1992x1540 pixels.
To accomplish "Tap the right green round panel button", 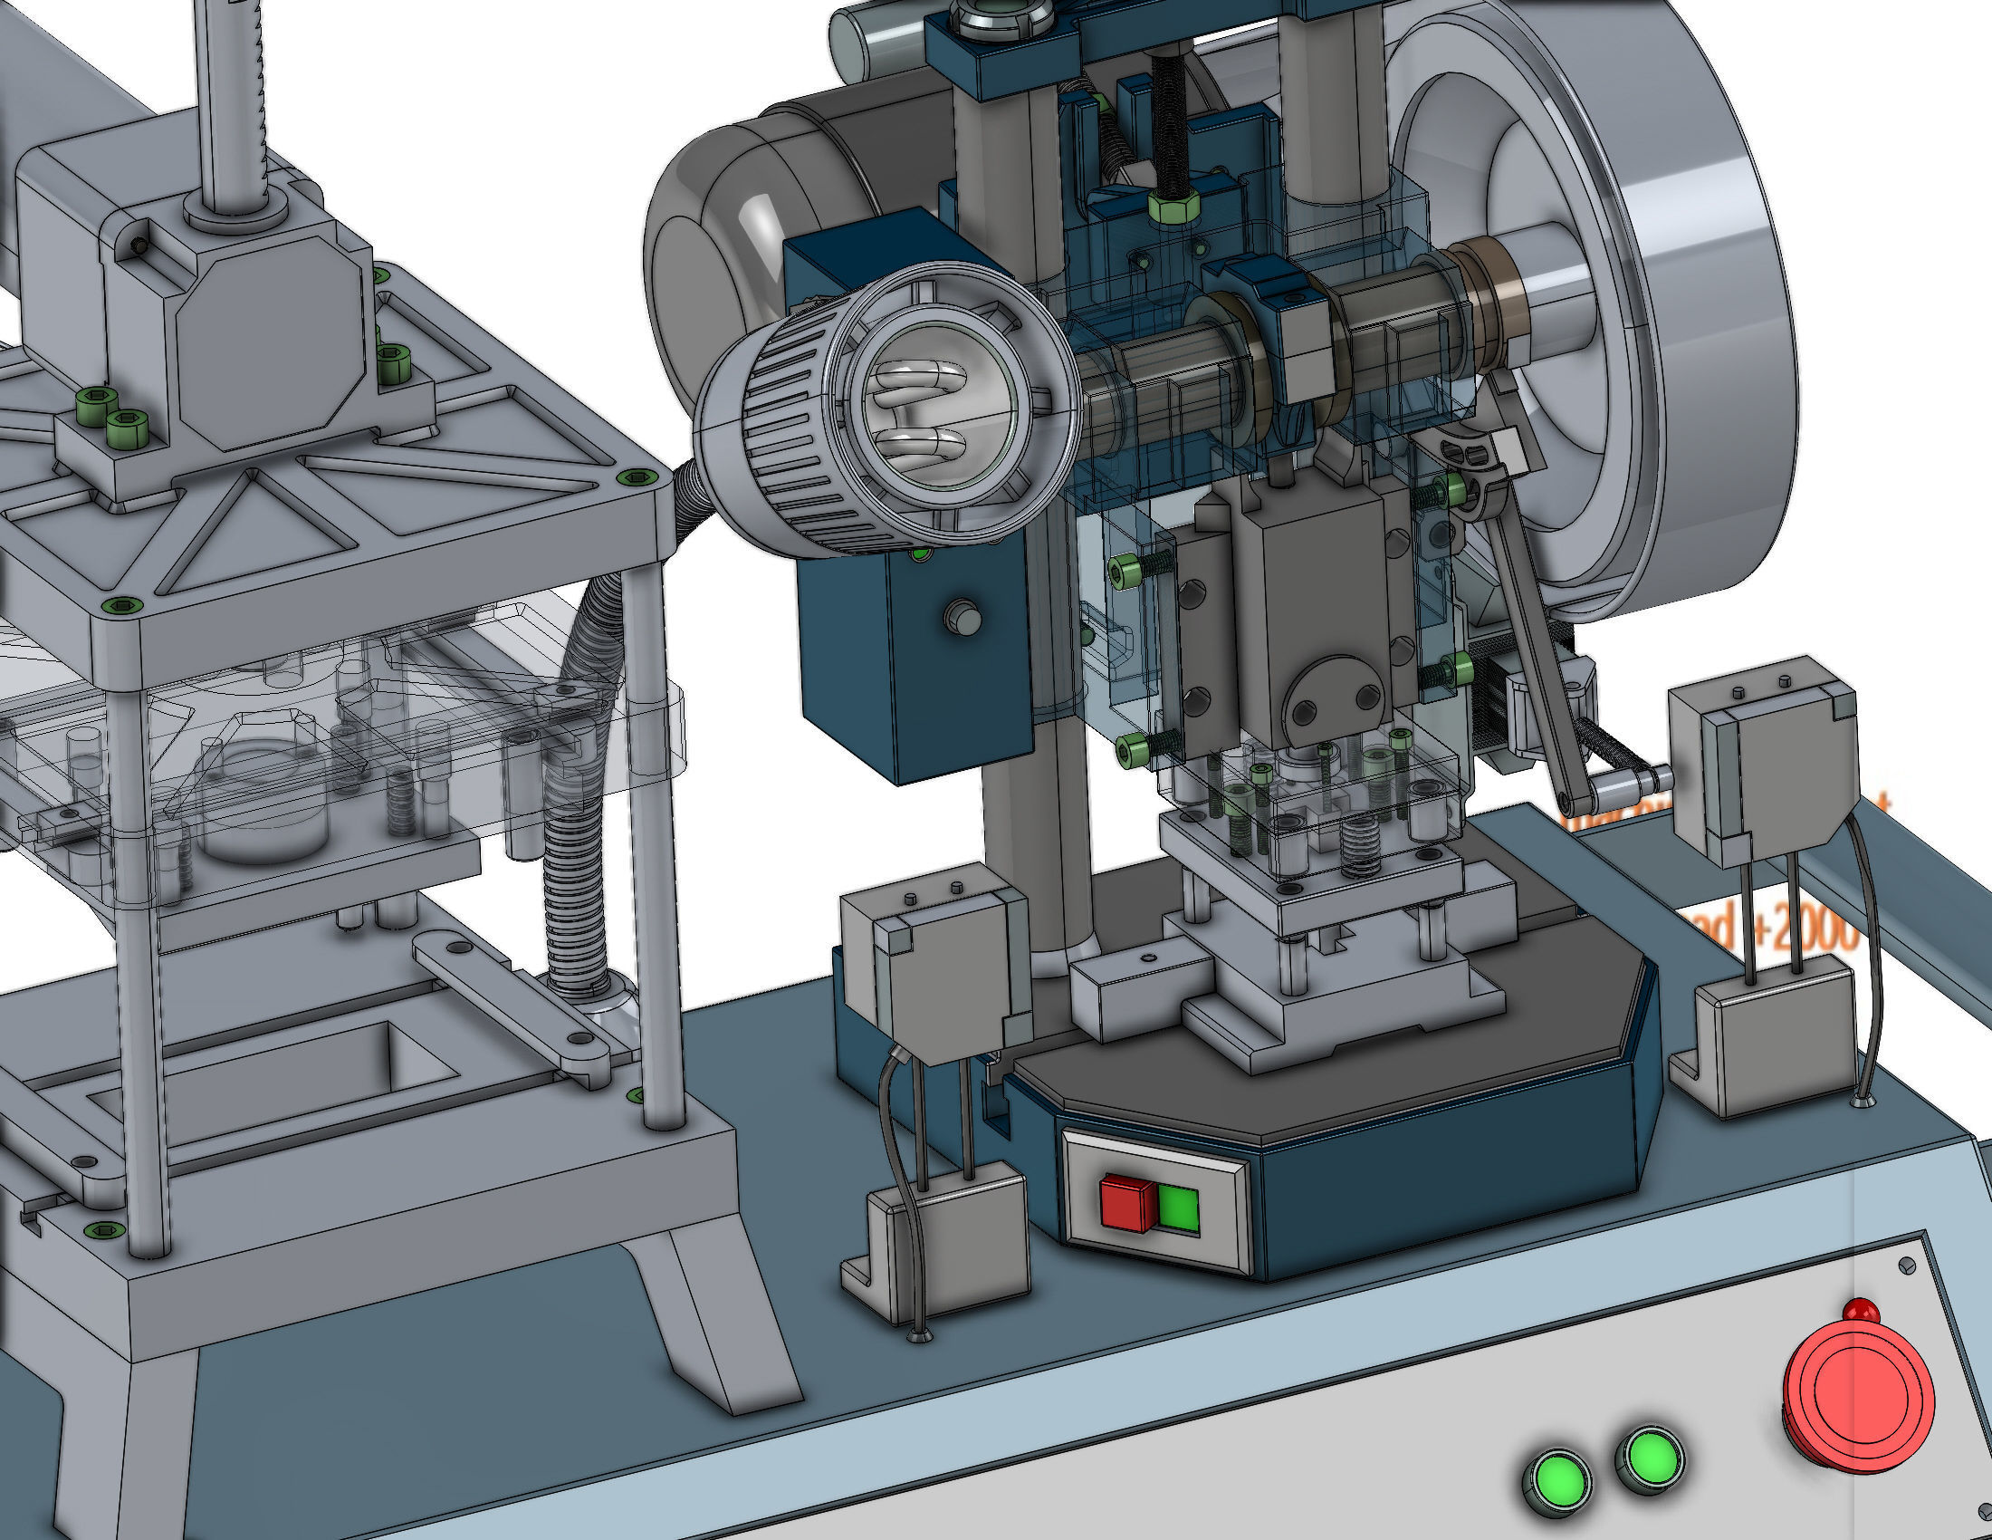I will (1649, 1458).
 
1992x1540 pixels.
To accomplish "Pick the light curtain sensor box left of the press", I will (935, 967).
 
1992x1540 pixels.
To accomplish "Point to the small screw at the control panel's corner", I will (1906, 1266).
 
